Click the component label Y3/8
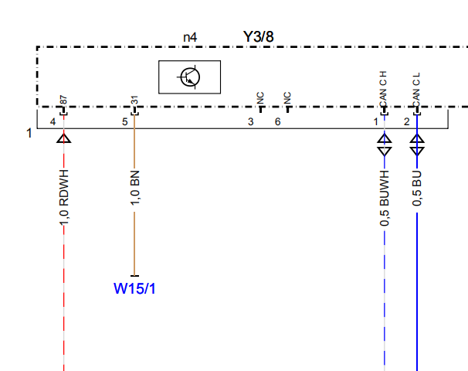[x=259, y=37]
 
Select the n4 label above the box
[x=190, y=38]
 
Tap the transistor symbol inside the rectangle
[x=189, y=77]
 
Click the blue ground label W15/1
[x=134, y=288]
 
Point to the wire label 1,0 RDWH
[x=64, y=198]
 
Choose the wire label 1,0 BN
[x=134, y=188]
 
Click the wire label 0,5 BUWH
[x=385, y=199]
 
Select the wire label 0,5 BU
[x=417, y=189]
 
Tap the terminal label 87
[x=63, y=100]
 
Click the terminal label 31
[x=134, y=100]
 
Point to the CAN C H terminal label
[x=383, y=89]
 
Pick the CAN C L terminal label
[x=416, y=90]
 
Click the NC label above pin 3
[x=260, y=98]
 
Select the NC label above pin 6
[x=287, y=98]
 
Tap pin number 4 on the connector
[x=53, y=122]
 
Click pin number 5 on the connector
[x=125, y=122]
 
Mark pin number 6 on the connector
[x=277, y=121]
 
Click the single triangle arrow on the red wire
[x=64, y=138]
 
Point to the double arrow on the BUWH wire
[x=385, y=145]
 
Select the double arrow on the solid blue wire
[x=417, y=145]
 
